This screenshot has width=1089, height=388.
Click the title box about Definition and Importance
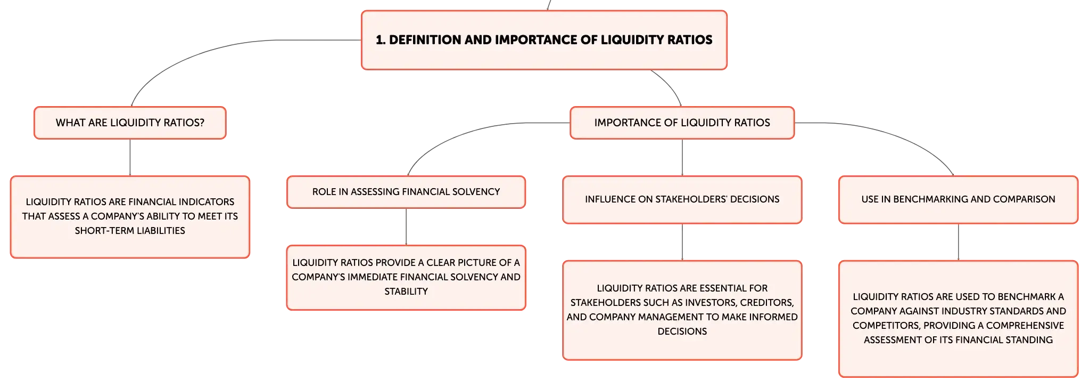pyautogui.click(x=544, y=40)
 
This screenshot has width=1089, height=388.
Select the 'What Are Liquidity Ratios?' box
pyautogui.click(x=130, y=123)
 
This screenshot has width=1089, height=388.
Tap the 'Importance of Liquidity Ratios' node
pyautogui.click(x=682, y=123)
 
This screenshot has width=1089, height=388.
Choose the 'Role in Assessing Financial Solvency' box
pyautogui.click(x=406, y=192)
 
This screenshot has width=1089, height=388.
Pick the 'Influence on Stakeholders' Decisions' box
pyautogui.click(x=682, y=199)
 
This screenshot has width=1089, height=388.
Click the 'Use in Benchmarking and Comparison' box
pyautogui.click(x=958, y=199)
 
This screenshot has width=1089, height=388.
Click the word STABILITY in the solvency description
pyautogui.click(x=406, y=292)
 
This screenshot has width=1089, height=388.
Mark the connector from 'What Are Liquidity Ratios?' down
pyautogui.click(x=130, y=158)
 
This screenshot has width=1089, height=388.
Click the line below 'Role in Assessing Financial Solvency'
pyautogui.click(x=406, y=227)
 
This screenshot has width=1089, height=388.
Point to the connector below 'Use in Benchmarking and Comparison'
pyautogui.click(x=958, y=242)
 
